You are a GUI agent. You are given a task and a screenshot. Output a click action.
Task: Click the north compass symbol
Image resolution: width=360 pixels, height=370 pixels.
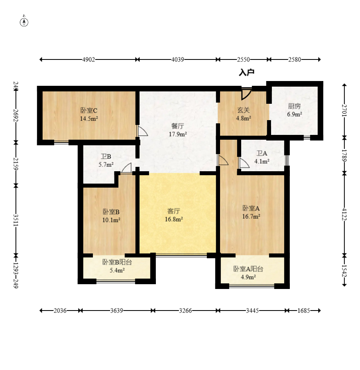coord(24,21)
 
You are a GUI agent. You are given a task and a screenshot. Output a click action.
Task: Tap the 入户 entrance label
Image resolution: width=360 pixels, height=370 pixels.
coord(247,72)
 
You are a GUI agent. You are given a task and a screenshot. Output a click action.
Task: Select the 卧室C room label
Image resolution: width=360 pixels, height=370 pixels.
coord(89,111)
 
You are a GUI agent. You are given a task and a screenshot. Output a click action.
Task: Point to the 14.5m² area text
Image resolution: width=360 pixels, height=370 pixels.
coord(89,119)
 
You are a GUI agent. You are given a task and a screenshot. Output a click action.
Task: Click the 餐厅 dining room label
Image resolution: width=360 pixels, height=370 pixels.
coord(178,126)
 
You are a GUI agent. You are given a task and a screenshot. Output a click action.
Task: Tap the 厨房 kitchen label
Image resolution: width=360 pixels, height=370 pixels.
coord(294,106)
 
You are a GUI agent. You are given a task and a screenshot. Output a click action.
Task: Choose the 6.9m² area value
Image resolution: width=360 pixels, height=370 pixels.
coord(295,114)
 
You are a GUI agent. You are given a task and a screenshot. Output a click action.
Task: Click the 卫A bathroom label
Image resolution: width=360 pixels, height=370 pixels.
coord(262,153)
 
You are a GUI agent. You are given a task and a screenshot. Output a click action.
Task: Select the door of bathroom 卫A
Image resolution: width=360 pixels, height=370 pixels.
coord(244,163)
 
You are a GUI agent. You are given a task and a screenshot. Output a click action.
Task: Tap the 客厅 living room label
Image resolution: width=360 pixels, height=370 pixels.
coord(174,211)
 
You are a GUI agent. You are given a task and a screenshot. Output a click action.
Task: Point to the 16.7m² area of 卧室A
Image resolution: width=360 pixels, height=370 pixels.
coord(251,216)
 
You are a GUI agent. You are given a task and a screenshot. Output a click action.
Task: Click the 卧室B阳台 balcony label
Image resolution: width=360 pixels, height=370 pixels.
coord(117,262)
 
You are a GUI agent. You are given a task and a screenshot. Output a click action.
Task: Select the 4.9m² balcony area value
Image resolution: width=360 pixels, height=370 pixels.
coord(248,277)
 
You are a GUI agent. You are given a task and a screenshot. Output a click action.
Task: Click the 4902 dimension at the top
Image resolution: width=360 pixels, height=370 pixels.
coord(89,59)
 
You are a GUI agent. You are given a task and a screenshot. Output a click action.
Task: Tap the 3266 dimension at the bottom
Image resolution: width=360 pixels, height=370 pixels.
coord(185,311)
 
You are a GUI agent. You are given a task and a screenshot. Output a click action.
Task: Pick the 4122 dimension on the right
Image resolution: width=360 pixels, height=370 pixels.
coord(344,214)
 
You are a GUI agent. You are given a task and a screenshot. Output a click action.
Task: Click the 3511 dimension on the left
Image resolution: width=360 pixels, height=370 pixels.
coord(16,220)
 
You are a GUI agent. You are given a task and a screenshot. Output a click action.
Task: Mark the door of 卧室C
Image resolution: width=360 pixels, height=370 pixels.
coord(142,131)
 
